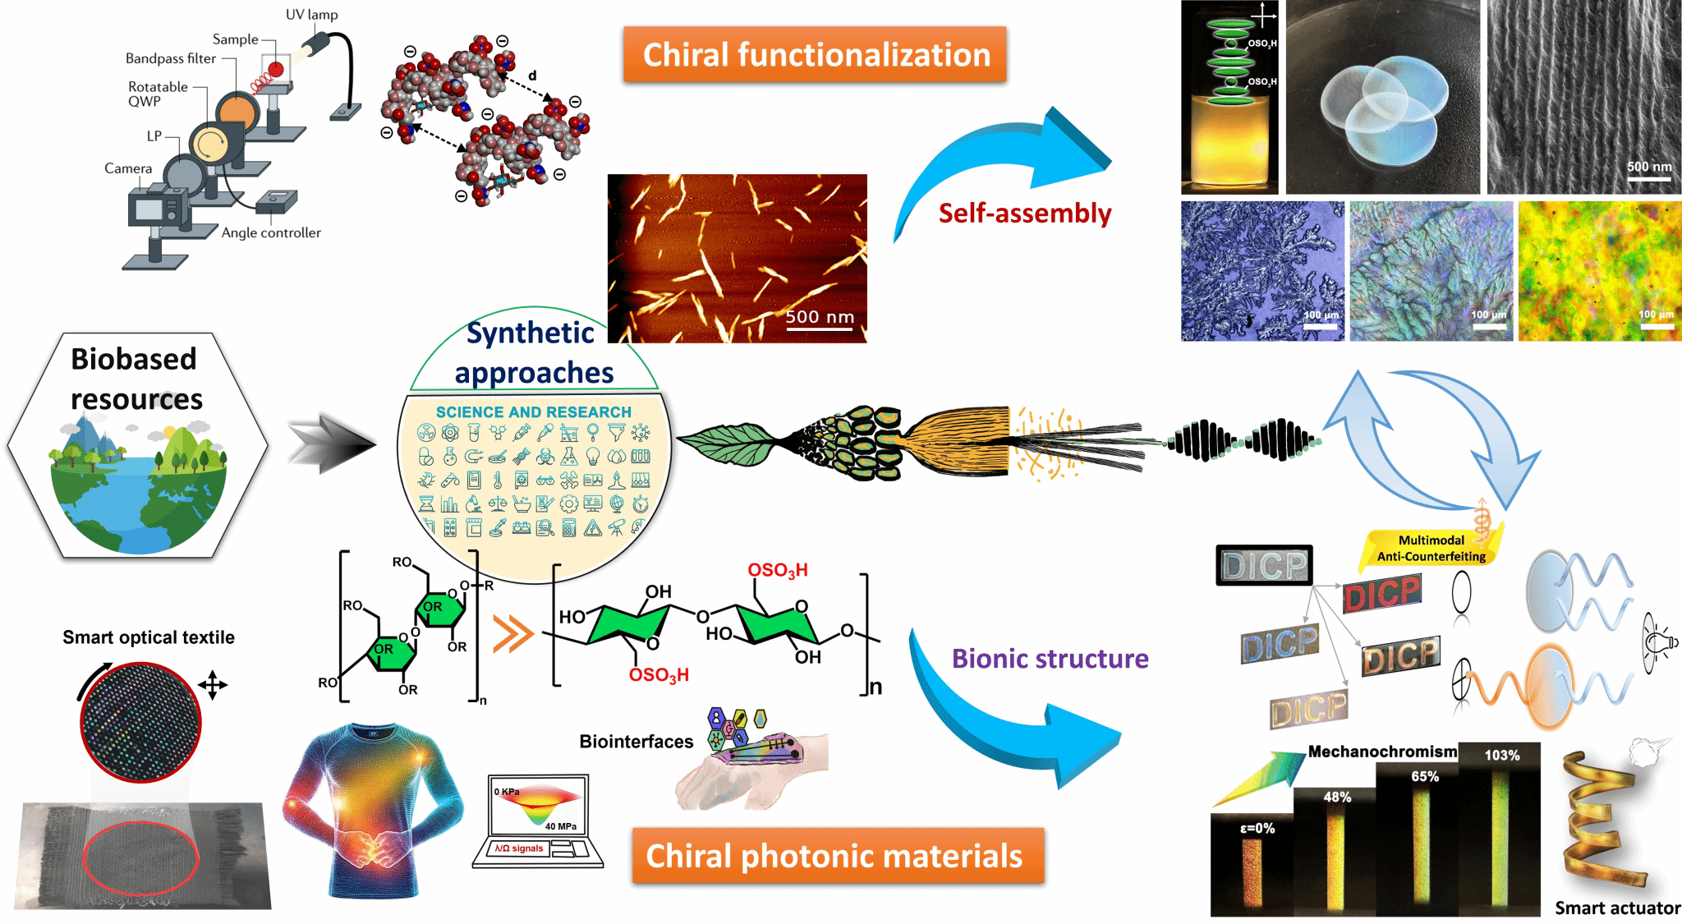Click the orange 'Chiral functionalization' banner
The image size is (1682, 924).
pos(815,55)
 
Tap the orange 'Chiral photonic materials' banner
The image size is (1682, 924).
pos(837,856)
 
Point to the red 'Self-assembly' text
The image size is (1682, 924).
pos(1024,214)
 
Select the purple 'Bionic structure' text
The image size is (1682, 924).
pos(1050,659)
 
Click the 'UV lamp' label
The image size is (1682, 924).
pos(311,15)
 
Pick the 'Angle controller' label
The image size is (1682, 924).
pos(271,233)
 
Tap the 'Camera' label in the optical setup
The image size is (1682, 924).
pos(128,168)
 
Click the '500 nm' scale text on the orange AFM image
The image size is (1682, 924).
pos(820,317)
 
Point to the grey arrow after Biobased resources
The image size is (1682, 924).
pos(332,444)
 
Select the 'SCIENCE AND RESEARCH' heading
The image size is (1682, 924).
pos(534,412)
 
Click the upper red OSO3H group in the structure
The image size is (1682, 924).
pos(777,570)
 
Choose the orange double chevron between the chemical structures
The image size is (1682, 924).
pos(513,635)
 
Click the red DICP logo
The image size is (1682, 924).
pos(1382,593)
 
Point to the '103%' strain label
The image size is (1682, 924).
pos(1501,756)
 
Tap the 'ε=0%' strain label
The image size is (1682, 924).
pos(1257,829)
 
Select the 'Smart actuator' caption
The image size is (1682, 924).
pos(1617,908)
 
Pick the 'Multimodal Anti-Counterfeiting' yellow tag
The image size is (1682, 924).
pos(1431,549)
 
